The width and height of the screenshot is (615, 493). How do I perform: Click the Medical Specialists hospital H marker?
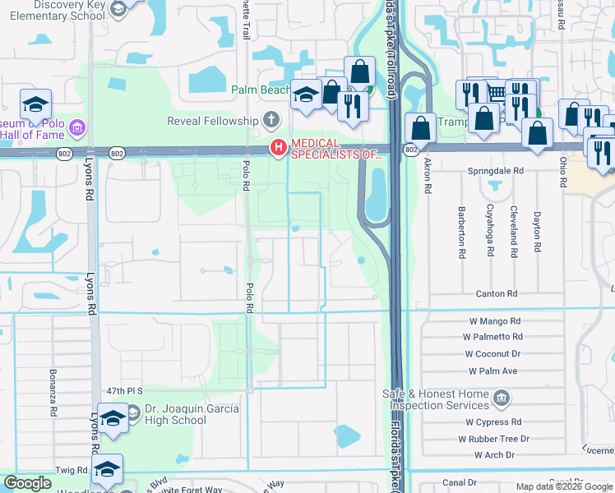coord(278,148)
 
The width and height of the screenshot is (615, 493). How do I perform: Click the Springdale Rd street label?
coord(497,171)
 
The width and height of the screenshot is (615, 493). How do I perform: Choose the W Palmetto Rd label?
coord(492,337)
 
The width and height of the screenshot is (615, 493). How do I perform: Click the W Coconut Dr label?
coord(492,354)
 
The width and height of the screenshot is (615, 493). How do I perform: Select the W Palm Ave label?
coord(492,371)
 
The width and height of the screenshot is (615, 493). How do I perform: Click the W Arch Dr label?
coord(493,454)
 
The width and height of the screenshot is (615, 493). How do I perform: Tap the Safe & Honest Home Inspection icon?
coord(501,399)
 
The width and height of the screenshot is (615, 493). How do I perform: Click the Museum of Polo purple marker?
coord(77,127)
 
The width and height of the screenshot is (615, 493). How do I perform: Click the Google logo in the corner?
coord(27,483)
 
